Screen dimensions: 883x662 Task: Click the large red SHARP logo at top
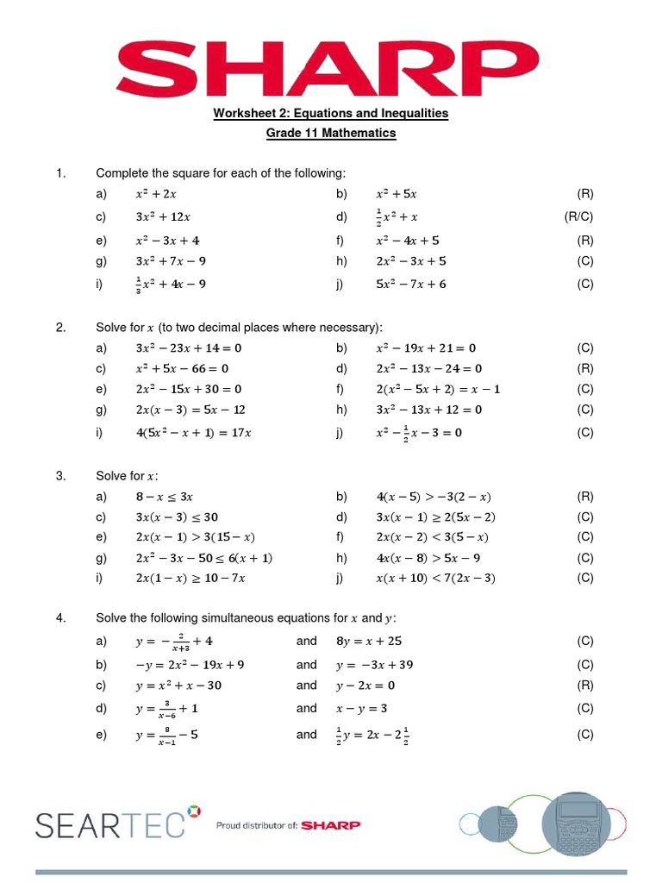330,61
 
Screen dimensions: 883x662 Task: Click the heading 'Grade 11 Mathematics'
331,134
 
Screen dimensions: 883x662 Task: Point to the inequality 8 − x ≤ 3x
165,497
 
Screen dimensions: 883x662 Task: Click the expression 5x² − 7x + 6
411,284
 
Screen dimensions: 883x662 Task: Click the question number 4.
61,617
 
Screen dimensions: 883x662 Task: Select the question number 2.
61,327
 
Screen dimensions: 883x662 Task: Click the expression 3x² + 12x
163,217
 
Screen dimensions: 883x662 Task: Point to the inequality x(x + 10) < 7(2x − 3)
435,578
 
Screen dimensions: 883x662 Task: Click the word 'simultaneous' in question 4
237,617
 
